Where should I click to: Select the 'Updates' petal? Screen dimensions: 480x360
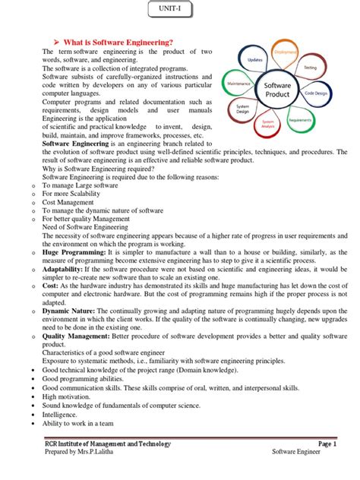(254, 59)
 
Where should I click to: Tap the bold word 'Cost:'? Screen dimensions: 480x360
(51, 285)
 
